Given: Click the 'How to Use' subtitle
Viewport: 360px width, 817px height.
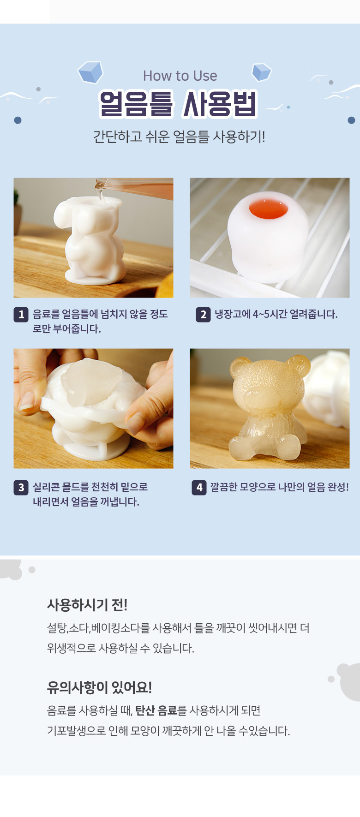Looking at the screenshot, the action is (x=180, y=76).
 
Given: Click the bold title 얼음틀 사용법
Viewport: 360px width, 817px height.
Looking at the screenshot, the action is (x=178, y=104).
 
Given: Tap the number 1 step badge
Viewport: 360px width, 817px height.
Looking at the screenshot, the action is (x=21, y=315).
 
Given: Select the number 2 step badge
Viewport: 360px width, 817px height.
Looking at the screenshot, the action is (x=203, y=315).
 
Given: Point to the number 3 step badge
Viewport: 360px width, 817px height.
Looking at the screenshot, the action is (x=21, y=487).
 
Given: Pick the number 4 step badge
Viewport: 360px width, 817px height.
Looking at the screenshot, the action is (x=199, y=487).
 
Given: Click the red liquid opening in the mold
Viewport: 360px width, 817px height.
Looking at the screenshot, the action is (x=269, y=209).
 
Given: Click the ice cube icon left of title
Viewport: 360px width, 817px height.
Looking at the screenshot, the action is (x=90, y=72).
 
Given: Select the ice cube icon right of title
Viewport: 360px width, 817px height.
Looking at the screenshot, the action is (x=261, y=72).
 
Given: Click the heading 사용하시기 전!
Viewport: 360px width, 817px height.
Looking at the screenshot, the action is (x=87, y=605).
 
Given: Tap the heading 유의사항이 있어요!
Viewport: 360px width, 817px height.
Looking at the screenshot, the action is (x=99, y=687).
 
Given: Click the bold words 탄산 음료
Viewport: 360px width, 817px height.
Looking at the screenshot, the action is (x=156, y=710).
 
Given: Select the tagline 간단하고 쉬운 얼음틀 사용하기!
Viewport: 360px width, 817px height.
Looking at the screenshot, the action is (x=179, y=137).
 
